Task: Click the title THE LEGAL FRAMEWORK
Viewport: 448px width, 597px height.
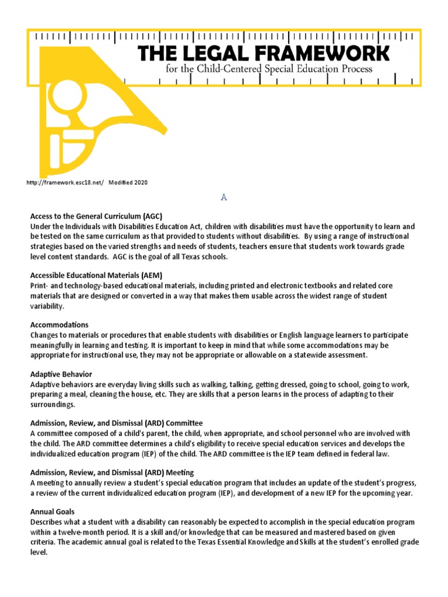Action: [264, 53]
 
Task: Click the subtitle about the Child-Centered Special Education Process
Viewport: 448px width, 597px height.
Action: [269, 69]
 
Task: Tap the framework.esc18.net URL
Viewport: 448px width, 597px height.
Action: [65, 182]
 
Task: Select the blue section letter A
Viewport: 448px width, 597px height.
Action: [223, 198]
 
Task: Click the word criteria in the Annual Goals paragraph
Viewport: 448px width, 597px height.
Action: [43, 542]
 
